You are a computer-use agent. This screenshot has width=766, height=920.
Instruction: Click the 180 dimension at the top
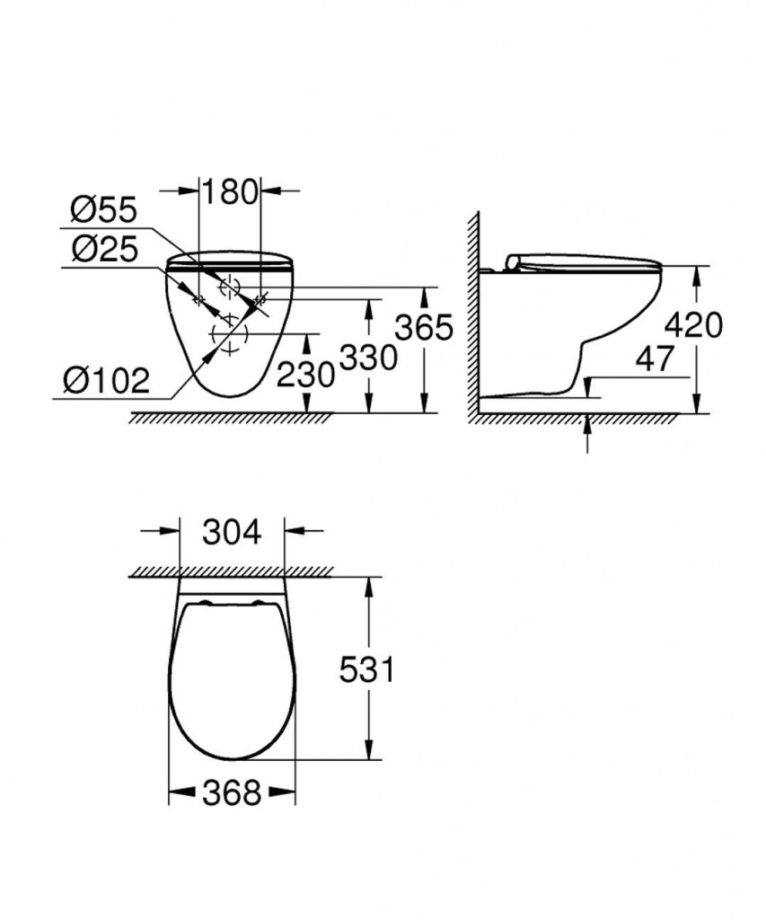229,192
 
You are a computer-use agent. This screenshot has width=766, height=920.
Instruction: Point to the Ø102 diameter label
106,380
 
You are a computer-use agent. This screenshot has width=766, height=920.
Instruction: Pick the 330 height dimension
367,358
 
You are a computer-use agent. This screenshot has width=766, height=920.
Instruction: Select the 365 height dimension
424,329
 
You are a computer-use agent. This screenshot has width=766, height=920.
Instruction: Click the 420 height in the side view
693,325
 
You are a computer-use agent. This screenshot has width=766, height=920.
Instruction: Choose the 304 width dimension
231,532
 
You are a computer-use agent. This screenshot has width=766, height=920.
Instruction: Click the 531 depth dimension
365,669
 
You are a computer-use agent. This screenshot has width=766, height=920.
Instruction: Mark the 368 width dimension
231,792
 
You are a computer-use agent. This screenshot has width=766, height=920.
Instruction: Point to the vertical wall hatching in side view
472,314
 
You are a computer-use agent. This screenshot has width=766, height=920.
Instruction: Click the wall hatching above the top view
231,571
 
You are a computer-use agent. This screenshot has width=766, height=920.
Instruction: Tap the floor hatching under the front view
231,418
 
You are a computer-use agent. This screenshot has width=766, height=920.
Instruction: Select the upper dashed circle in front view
230,287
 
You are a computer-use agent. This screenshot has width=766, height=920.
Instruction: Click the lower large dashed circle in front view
228,338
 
